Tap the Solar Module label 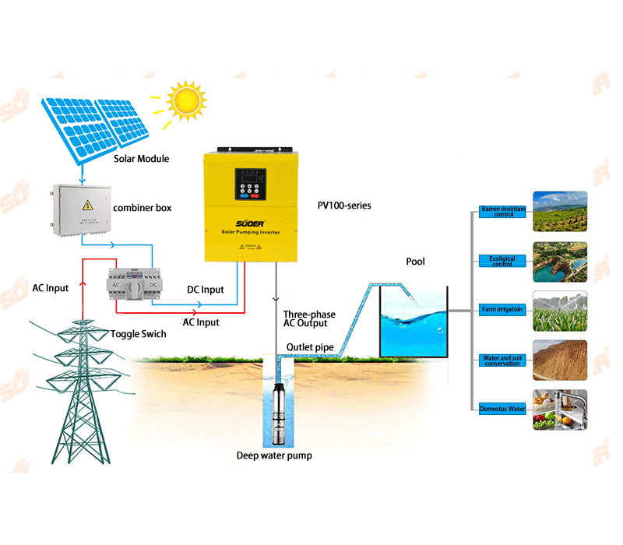click(141, 159)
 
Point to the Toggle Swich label click(138, 333)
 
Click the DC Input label click(206, 290)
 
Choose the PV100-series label click(343, 206)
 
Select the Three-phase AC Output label click(310, 319)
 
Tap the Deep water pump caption click(274, 455)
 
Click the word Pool click(415, 262)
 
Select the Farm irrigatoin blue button click(502, 310)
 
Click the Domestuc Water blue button click(502, 409)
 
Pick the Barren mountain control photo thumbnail click(559, 211)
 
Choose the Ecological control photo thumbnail click(559, 261)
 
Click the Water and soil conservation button click(502, 360)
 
